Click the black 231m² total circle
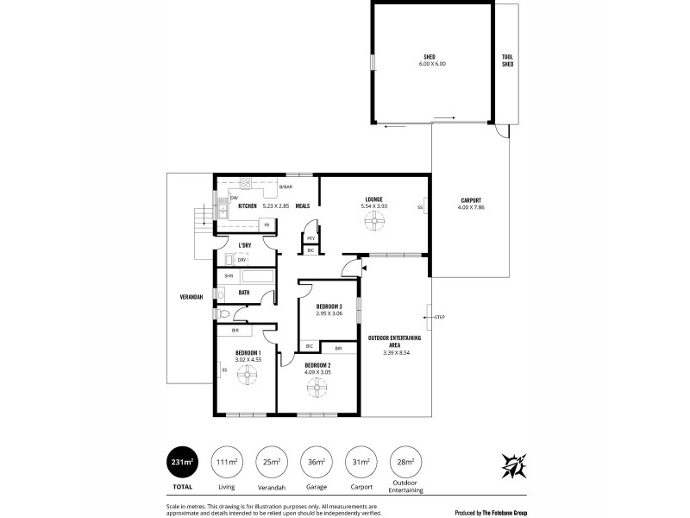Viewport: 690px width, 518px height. (x=182, y=462)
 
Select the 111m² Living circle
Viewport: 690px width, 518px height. (x=227, y=462)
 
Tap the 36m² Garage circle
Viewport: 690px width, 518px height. (x=317, y=462)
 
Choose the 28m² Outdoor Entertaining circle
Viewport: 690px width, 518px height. (x=404, y=462)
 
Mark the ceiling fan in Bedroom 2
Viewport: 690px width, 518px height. (x=317, y=387)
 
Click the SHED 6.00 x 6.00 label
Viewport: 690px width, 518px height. (x=434, y=60)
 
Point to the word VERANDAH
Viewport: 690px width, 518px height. (x=191, y=296)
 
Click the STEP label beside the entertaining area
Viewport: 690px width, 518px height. (x=440, y=317)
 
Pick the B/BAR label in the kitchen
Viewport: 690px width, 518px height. (x=285, y=186)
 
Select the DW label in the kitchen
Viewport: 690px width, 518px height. (x=222, y=197)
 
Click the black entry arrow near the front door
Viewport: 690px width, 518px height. (x=364, y=268)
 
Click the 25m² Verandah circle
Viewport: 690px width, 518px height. (x=272, y=462)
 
